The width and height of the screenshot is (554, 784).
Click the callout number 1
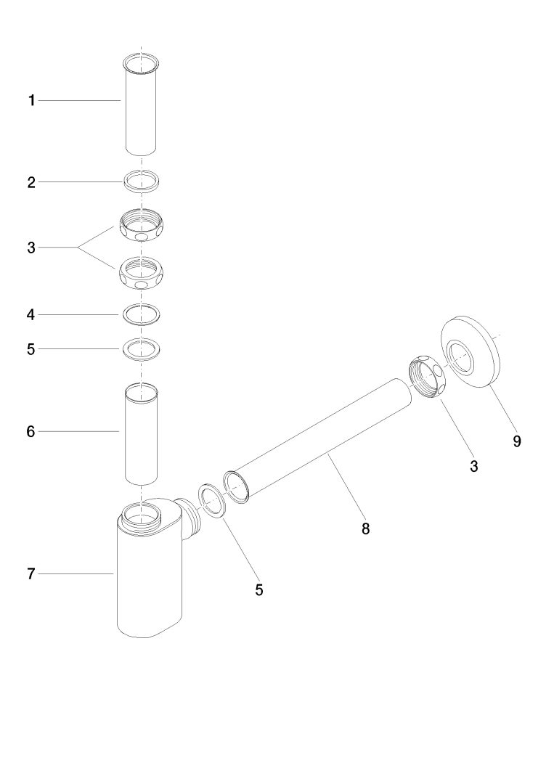(x=31, y=101)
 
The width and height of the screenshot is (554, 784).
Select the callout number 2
(x=31, y=183)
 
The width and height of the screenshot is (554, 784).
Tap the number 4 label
(x=31, y=315)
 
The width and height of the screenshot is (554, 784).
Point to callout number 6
(x=31, y=432)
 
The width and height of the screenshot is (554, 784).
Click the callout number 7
(x=31, y=574)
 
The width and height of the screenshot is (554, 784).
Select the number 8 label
(x=366, y=529)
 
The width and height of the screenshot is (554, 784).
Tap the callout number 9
(x=516, y=441)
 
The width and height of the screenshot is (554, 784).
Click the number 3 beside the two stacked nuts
(x=31, y=248)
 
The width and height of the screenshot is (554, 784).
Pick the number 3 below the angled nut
(x=473, y=467)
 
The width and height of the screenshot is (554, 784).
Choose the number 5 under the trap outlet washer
(x=258, y=589)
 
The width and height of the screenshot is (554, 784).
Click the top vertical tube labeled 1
(x=140, y=105)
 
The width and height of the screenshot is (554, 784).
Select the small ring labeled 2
(x=141, y=181)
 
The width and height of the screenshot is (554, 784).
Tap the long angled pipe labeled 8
(x=319, y=438)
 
